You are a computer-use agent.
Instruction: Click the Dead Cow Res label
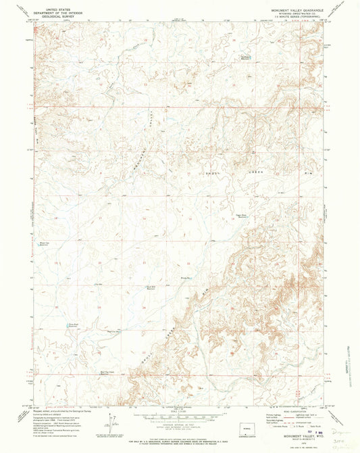[114, 331]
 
